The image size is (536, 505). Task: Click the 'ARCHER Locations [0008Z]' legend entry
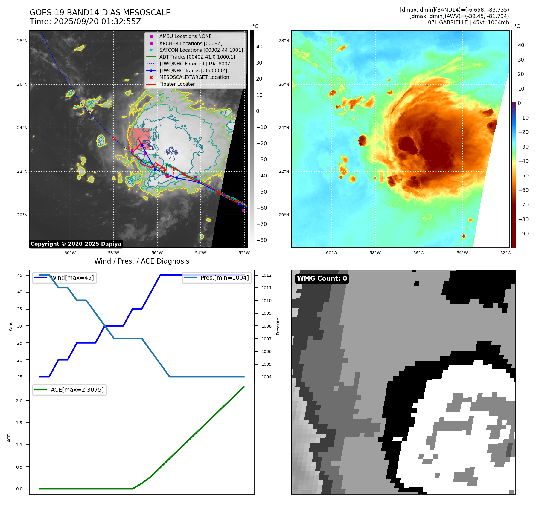click(191, 43)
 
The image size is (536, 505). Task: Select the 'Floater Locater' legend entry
click(177, 84)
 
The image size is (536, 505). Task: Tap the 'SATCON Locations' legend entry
click(201, 50)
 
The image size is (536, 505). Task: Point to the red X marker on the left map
click(114, 139)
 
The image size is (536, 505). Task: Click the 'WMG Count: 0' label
click(322, 278)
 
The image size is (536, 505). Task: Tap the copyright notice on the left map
click(76, 244)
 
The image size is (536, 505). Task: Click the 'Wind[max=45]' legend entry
click(72, 278)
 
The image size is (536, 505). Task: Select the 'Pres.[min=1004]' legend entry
click(224, 278)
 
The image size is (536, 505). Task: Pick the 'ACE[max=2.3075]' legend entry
click(77, 390)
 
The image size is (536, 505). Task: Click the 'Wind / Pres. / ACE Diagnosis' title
click(142, 261)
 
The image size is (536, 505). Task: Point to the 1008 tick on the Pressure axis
click(266, 326)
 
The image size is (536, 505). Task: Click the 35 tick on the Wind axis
click(20, 309)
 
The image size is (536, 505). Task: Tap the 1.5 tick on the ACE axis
click(19, 423)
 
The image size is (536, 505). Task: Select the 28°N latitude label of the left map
click(22, 41)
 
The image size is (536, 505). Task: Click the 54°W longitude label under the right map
click(462, 253)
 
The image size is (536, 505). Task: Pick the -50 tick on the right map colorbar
click(523, 176)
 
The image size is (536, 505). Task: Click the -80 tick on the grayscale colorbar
click(261, 240)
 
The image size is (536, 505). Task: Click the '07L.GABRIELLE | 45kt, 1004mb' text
click(468, 22)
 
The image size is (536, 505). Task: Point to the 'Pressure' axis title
click(278, 326)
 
